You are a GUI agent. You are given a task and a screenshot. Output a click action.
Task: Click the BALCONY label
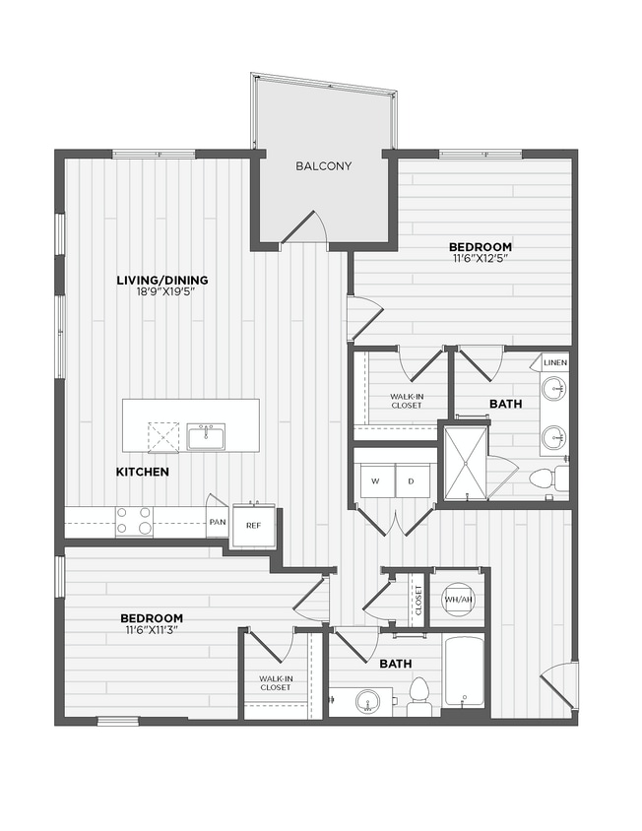[x=323, y=166]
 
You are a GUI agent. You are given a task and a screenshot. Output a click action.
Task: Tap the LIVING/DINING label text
[x=162, y=281]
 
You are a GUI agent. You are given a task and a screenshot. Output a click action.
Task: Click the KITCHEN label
[x=143, y=473]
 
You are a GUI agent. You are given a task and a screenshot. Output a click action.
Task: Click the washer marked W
[x=375, y=480]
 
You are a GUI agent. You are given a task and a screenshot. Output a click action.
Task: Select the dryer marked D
[x=413, y=480]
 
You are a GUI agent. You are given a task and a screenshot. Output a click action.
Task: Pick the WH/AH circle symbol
[x=456, y=599]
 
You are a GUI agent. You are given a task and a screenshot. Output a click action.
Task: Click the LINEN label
[x=554, y=363]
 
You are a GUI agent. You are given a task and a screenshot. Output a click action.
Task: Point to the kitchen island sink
[x=207, y=436]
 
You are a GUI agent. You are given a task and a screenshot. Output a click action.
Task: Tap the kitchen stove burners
[x=135, y=520]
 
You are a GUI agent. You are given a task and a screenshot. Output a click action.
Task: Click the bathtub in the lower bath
[x=463, y=672]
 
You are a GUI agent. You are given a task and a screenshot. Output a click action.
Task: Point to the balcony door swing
[x=306, y=228]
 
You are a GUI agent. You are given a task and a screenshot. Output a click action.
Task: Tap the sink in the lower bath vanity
[x=367, y=701]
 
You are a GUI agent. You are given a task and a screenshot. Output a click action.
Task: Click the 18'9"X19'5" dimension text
[x=162, y=292]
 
